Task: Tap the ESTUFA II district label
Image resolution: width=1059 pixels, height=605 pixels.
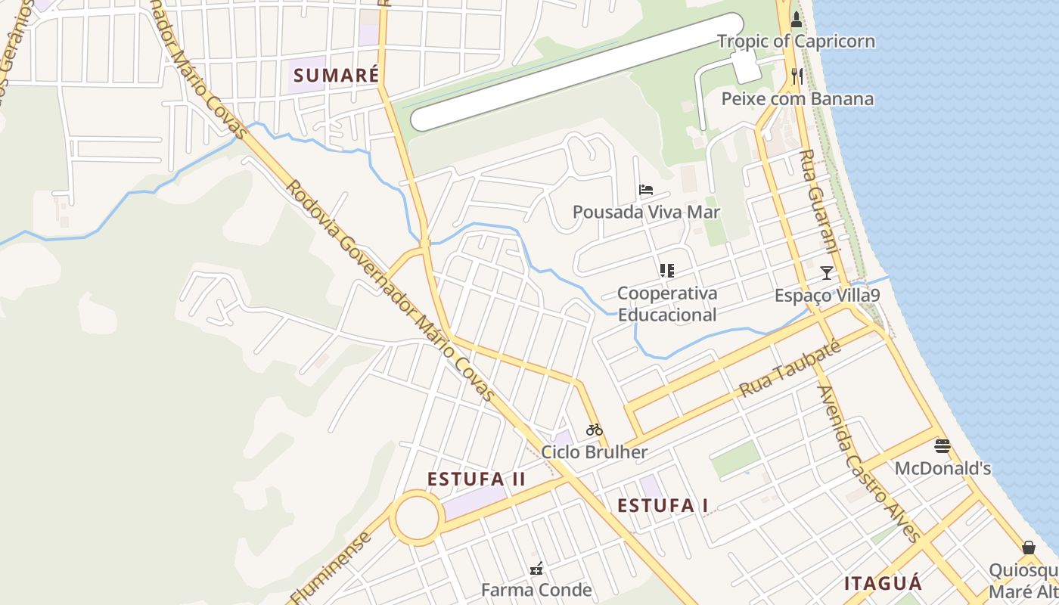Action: (x=476, y=479)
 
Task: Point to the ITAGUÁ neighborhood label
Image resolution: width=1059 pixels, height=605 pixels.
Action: (x=884, y=583)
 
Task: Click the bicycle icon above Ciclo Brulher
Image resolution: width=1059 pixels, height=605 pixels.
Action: (x=595, y=430)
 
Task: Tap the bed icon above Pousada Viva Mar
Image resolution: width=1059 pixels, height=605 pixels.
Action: (x=645, y=190)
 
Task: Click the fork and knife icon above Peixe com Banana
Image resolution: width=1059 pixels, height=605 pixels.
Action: (x=797, y=76)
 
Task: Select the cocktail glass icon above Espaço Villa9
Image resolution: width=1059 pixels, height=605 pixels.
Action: (x=827, y=273)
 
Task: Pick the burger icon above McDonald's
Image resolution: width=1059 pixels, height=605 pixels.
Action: (x=942, y=446)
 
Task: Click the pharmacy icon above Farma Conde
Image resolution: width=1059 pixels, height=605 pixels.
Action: (x=537, y=568)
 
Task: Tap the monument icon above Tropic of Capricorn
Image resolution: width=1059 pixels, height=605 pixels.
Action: (x=796, y=19)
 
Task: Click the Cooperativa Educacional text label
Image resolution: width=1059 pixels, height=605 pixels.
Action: (x=667, y=304)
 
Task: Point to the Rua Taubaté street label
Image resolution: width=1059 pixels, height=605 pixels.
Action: (x=790, y=369)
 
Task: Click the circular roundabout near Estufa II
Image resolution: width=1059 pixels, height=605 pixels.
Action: (x=417, y=518)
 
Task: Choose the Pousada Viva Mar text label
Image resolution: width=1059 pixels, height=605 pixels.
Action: (x=646, y=212)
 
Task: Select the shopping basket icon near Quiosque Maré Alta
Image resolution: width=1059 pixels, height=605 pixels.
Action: (x=1028, y=548)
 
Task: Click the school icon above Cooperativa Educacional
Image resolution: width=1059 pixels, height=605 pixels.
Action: (x=666, y=271)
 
